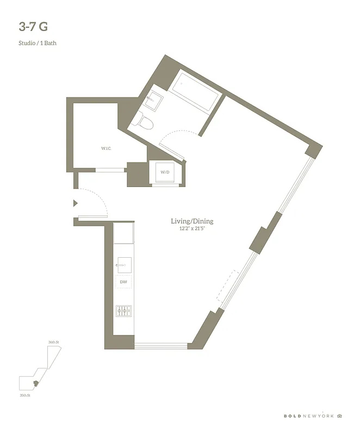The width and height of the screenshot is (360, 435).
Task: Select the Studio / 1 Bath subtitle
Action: [x=38, y=43]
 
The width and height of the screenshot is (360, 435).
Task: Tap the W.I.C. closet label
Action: [x=105, y=148]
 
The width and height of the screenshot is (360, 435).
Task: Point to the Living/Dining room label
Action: [x=192, y=221]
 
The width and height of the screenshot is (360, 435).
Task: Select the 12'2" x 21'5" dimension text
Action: [x=192, y=229]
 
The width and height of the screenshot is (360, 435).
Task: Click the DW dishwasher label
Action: [x=123, y=282]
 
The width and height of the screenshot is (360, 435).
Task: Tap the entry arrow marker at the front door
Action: [x=76, y=203]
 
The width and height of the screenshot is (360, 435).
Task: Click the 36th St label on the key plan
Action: [x=53, y=342]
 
